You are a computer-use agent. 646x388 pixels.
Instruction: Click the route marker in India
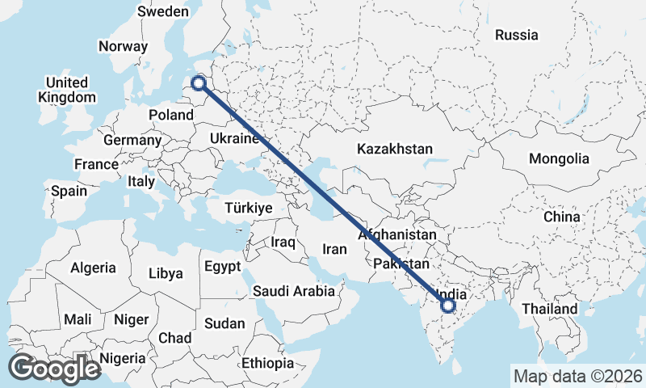(x=448, y=306)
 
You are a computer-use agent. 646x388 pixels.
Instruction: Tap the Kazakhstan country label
(x=394, y=149)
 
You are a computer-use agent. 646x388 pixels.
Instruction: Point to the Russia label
(x=517, y=35)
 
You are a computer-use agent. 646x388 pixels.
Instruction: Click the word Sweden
(x=162, y=11)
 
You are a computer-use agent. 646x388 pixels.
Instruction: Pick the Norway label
(x=123, y=46)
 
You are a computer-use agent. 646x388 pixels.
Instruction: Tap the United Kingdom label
(x=66, y=90)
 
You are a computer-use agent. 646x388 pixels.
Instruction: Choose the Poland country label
(x=171, y=115)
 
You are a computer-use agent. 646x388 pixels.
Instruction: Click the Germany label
(x=132, y=140)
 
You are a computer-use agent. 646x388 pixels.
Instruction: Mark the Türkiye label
(x=248, y=208)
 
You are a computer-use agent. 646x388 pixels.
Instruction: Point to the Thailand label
(x=549, y=309)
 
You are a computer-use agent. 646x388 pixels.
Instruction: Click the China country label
(x=561, y=217)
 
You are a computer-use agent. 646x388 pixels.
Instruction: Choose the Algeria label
(x=93, y=268)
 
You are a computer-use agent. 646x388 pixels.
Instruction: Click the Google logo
(x=54, y=368)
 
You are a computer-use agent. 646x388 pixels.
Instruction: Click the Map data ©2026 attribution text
(x=577, y=376)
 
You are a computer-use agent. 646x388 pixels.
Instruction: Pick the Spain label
(x=69, y=192)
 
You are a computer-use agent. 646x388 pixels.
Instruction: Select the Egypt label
(x=222, y=266)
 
